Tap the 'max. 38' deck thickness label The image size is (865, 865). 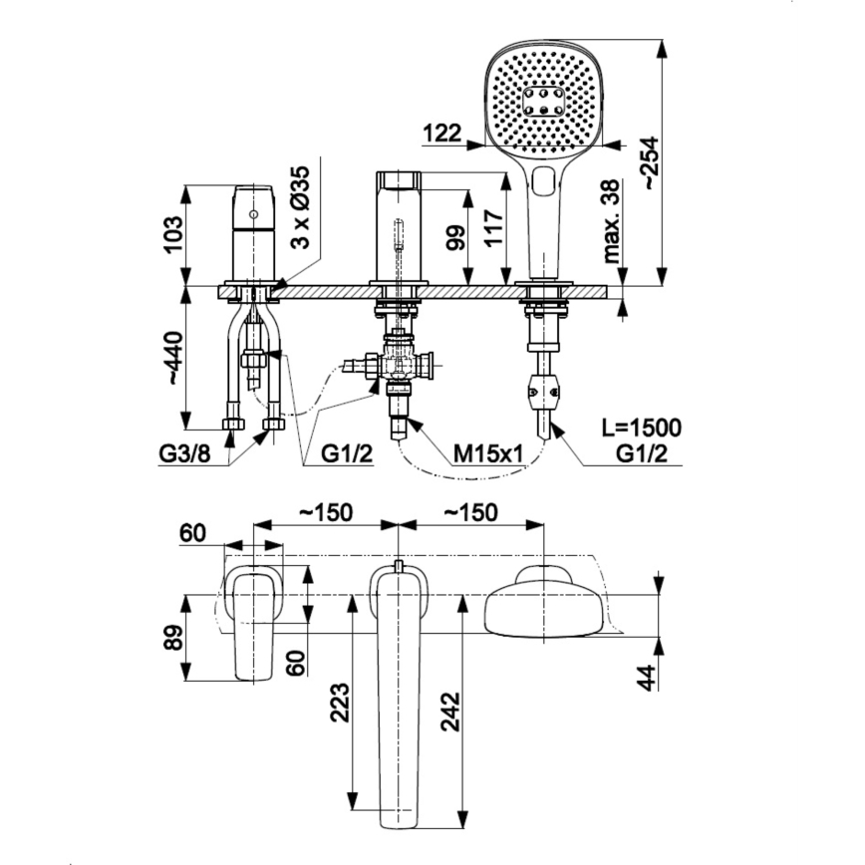(x=610, y=220)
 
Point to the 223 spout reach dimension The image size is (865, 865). (x=340, y=705)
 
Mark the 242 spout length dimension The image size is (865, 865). (x=450, y=712)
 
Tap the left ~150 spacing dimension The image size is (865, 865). (x=327, y=511)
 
